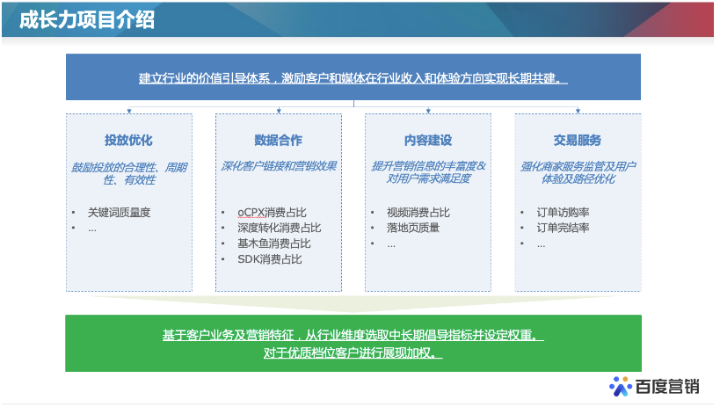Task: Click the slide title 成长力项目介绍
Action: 87,20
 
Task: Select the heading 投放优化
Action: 129,140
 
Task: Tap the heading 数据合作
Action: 279,140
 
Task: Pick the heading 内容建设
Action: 428,140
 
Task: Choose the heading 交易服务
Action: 578,140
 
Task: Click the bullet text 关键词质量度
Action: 120,212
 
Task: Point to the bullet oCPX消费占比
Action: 273,212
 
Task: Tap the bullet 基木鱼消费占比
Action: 273,243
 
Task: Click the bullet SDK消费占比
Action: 269,259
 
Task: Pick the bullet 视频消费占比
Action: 418,212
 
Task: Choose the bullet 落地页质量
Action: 413,228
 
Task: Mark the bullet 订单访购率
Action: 563,212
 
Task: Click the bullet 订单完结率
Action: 563,228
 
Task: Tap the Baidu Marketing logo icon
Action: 622,386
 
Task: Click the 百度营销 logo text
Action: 667,386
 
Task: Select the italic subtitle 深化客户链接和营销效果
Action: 279,165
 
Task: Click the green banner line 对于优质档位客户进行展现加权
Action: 353,353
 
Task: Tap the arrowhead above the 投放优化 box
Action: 129,111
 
